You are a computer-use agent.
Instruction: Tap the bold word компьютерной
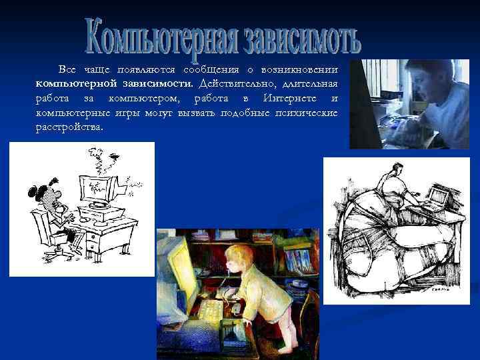point(77,83)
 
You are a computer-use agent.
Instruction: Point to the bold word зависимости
point(159,83)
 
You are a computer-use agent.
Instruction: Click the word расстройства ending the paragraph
point(69,127)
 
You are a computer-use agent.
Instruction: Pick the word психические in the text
point(307,113)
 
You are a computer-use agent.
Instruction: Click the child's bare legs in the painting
point(276,337)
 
